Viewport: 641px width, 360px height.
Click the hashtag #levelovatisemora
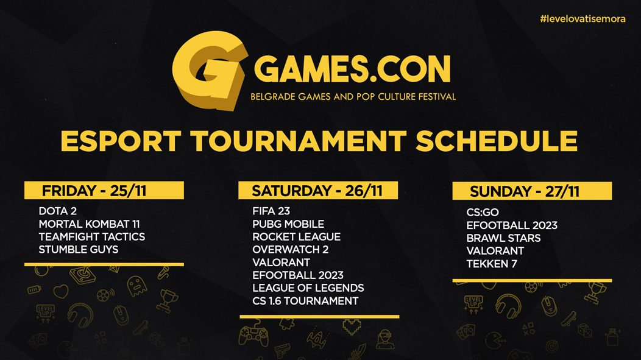pyautogui.click(x=583, y=19)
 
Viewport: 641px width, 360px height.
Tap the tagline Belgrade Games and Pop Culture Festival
pyautogui.click(x=353, y=97)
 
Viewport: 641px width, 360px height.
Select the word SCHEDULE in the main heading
pyautogui.click(x=496, y=141)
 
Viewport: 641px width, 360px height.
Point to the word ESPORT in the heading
pyautogui.click(x=121, y=141)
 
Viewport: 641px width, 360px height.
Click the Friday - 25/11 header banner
pyautogui.click(x=104, y=191)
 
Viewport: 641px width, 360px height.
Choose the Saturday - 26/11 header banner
pyautogui.click(x=318, y=191)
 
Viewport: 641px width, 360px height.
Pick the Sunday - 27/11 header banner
pyautogui.click(x=533, y=191)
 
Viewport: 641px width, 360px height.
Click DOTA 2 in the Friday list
pyautogui.click(x=58, y=211)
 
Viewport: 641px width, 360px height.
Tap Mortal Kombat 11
pyautogui.click(x=89, y=224)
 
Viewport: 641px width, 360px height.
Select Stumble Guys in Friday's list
pyautogui.click(x=79, y=249)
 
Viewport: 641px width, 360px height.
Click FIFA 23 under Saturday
pyautogui.click(x=271, y=211)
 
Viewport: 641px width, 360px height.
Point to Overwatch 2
pyautogui.click(x=290, y=249)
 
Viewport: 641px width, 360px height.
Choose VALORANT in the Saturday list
pyautogui.click(x=282, y=263)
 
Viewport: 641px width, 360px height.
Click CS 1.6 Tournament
pyautogui.click(x=305, y=301)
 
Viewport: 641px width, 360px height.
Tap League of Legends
pyautogui.click(x=308, y=288)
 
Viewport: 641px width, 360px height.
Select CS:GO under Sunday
pyautogui.click(x=483, y=212)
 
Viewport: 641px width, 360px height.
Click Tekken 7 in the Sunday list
pyautogui.click(x=492, y=264)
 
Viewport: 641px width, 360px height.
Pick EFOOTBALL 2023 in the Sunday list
pyautogui.click(x=512, y=225)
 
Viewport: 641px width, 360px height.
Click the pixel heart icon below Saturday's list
pyautogui.click(x=352, y=326)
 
